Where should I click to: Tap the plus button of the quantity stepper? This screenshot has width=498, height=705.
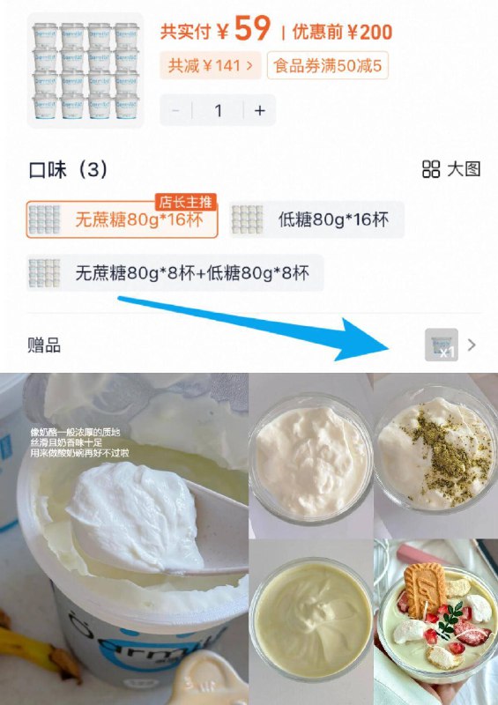coord(259,110)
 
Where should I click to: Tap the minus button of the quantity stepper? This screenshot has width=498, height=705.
coord(176,110)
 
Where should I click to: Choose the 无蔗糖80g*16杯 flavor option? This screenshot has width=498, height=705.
coord(122,219)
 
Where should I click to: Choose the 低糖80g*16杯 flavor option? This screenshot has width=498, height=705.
coord(316,219)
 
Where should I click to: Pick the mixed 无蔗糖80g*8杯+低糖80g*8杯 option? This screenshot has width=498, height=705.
coord(175,272)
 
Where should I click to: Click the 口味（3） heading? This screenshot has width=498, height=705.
coord(68,169)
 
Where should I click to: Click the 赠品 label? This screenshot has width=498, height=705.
coord(44,345)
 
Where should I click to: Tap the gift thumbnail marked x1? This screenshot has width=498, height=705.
coord(442,345)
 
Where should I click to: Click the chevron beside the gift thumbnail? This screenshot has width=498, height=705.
coord(472,345)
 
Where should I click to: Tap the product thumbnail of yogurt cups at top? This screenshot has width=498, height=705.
coord(85,69)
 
